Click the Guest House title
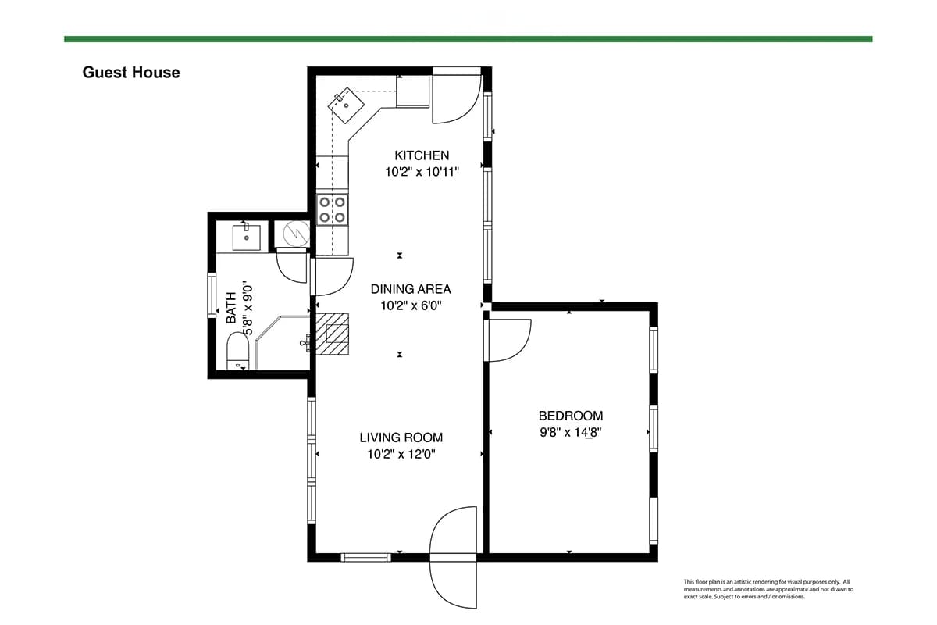[131, 73]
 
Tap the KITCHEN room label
[422, 155]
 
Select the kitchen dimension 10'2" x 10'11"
[422, 172]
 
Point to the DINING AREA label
[411, 289]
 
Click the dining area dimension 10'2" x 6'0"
[411, 305]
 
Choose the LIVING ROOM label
[401, 437]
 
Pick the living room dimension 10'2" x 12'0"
[401, 454]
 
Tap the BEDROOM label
[571, 416]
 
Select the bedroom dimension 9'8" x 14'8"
[571, 433]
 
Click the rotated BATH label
[231, 308]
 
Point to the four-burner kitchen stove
[332, 209]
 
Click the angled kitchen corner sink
[346, 105]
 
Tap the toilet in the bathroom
[237, 351]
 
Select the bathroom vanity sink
[247, 237]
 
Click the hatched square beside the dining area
[332, 334]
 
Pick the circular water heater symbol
[297, 233]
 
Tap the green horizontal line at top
[468, 39]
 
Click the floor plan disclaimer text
[768, 589]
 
